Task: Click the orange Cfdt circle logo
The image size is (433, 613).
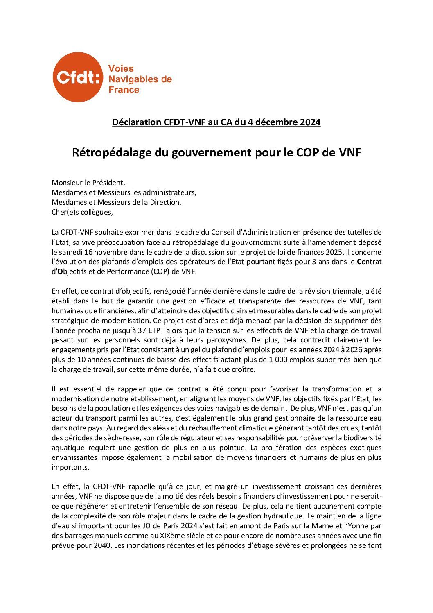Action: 77,77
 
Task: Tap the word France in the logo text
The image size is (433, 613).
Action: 124,90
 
